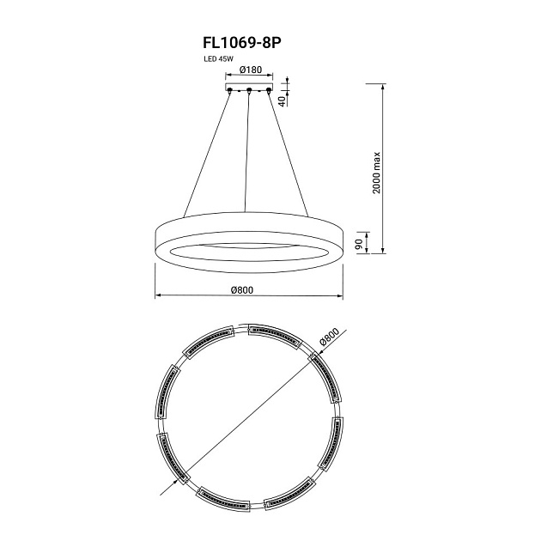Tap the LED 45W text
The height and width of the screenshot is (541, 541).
tap(218, 59)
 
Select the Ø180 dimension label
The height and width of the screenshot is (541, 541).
tap(251, 70)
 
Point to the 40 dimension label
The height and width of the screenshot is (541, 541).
tap(282, 100)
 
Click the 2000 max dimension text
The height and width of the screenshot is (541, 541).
tap(376, 173)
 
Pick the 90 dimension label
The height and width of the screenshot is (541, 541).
tap(359, 244)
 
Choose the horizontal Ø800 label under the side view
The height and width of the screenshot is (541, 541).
tap(242, 290)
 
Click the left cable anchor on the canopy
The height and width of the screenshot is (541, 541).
tap(229, 91)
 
